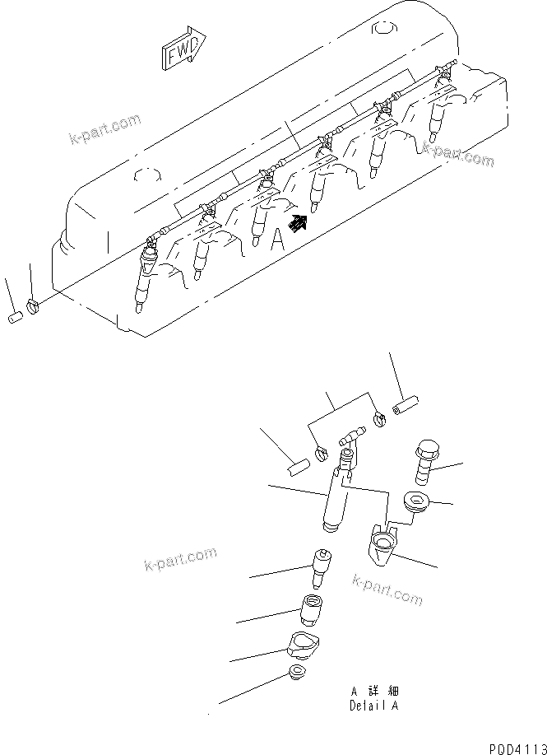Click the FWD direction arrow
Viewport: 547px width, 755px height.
[183, 52]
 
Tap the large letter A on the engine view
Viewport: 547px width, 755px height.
[278, 240]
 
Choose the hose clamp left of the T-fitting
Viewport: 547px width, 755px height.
[322, 452]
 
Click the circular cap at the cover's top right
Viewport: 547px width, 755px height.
[384, 30]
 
